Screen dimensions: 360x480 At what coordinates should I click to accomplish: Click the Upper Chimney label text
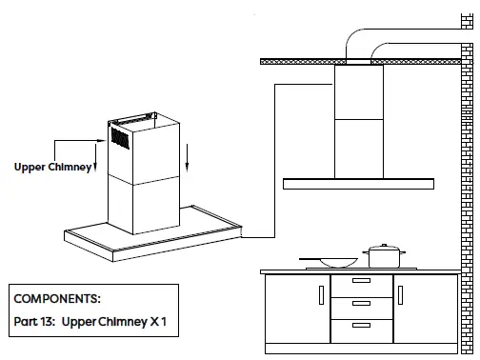53,167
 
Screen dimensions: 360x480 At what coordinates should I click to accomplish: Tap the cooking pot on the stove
384,256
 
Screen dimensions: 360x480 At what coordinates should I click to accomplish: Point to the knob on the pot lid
384,245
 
